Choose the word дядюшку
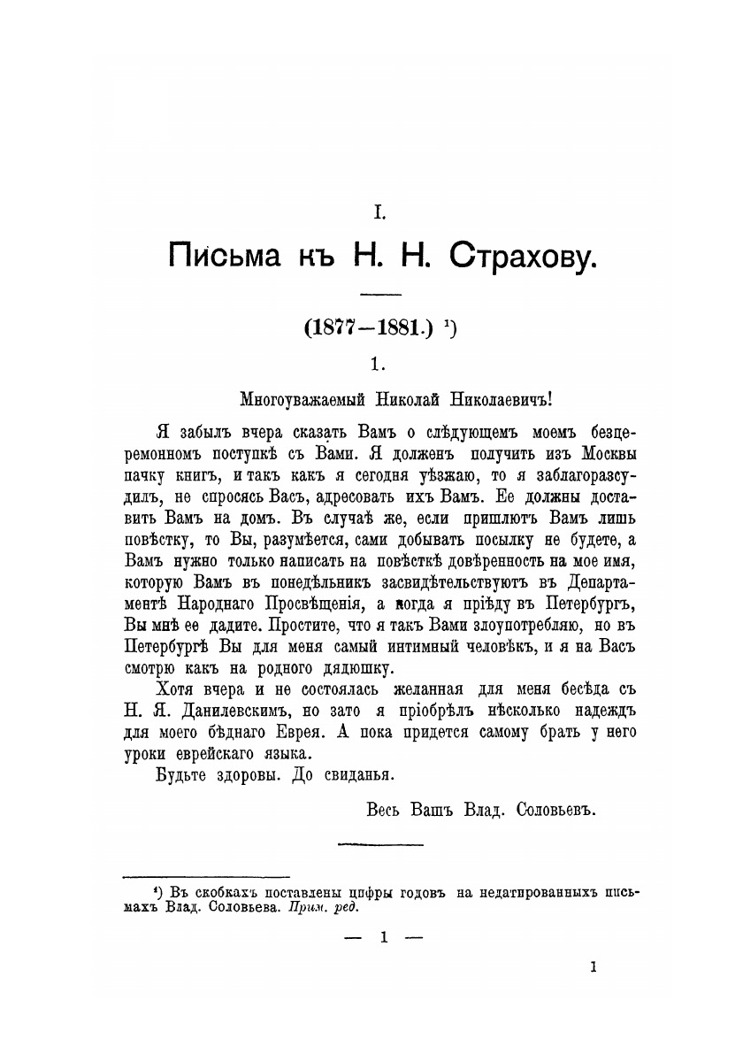[x=353, y=666]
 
